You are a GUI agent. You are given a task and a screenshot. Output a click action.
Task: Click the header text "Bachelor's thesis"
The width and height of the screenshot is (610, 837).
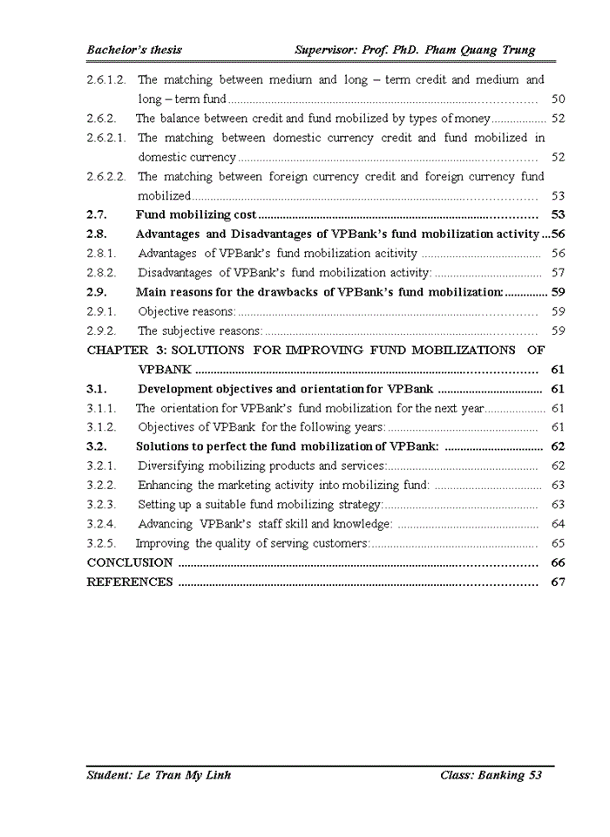pos(134,51)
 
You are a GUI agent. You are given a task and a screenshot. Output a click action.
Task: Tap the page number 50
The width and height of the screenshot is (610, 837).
pos(558,99)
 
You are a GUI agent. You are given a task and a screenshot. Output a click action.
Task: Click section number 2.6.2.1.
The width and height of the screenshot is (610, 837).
pos(106,138)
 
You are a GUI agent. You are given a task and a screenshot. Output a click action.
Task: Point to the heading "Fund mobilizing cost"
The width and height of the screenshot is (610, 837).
pos(196,214)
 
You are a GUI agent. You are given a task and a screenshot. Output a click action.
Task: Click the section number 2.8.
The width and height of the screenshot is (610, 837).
pos(97,234)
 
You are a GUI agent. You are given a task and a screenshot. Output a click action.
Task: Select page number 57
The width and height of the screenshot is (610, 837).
pos(558,273)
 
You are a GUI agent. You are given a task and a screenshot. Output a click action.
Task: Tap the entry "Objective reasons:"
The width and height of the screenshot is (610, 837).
pos(186,311)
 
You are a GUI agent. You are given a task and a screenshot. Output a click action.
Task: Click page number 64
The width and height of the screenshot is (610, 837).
pos(558,524)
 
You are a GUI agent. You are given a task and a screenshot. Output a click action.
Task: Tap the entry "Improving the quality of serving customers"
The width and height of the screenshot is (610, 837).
pos(252,543)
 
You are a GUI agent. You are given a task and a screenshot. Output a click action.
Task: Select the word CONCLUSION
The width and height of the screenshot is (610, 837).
pos(130,563)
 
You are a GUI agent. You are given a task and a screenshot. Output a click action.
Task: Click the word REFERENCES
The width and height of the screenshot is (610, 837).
pos(130,582)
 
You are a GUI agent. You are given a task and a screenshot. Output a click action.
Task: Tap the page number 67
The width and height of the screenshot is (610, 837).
pos(558,582)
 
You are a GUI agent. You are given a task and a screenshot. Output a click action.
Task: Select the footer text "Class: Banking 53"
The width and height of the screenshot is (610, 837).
pos(491,775)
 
